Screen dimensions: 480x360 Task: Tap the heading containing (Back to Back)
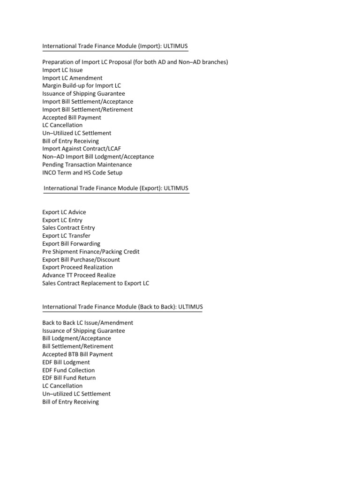123,307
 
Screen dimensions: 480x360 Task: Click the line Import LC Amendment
72,78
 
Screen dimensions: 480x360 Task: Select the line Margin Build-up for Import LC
81,86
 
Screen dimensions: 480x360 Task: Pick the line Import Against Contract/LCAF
82,149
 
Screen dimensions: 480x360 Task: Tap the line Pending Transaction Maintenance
87,165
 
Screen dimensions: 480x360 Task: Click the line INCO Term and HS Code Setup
82,172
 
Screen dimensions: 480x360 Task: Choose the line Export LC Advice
64,212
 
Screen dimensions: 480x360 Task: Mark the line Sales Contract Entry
68,228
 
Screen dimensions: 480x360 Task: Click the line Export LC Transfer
66,236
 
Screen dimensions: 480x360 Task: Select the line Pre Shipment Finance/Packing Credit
90,252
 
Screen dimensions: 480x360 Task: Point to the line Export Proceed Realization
77,267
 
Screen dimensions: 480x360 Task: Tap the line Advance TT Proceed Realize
79,275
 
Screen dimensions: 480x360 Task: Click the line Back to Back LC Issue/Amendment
88,323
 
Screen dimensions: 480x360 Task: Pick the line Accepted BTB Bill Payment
77,354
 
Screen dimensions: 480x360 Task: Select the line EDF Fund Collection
68,370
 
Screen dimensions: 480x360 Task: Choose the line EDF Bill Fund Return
69,378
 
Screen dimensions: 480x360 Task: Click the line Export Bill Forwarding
71,244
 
